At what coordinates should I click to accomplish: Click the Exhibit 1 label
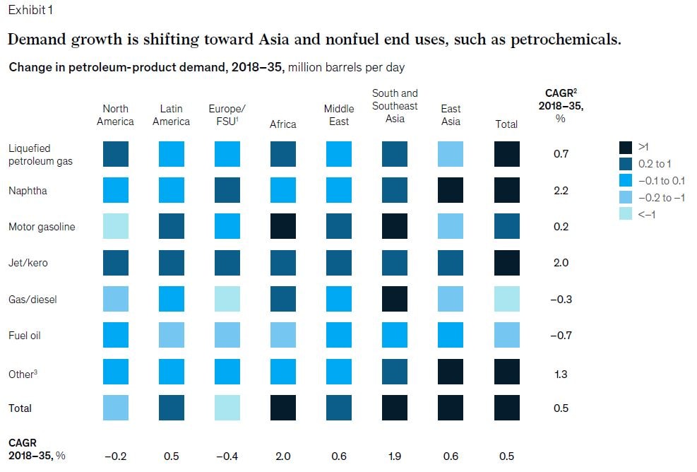30,10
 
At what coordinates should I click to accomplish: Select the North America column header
115,115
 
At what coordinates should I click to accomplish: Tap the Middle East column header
339,115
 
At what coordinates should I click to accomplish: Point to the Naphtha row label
27,191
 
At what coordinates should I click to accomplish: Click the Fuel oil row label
25,336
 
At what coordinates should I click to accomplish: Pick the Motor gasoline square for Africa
283,227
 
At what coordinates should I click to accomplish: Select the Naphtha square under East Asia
451,191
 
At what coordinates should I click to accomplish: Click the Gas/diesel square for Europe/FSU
227,299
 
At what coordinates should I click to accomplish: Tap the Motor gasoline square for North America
115,227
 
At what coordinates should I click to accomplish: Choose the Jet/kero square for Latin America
171,263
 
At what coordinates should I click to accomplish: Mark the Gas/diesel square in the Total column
506,299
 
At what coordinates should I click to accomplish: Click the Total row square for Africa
283,408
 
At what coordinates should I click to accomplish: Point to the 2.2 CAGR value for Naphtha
561,191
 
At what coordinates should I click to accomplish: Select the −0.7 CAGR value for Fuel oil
561,336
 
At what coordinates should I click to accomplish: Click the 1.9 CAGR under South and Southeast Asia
395,456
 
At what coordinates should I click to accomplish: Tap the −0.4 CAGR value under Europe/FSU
227,456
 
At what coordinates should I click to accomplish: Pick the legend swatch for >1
625,148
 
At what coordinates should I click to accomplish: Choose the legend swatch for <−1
625,214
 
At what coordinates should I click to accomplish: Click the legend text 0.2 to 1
655,164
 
